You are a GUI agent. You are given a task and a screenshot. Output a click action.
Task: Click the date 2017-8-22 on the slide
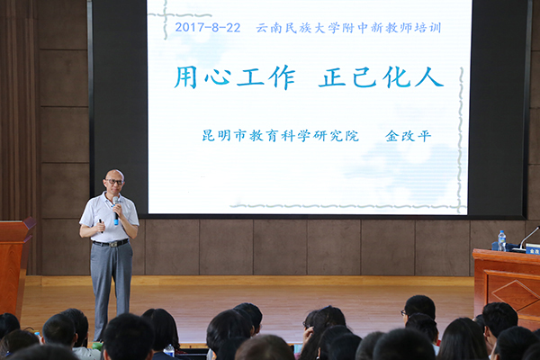(208, 28)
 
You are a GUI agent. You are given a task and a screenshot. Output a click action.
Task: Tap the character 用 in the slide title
(186, 77)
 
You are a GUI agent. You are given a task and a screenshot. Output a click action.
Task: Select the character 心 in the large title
(218, 77)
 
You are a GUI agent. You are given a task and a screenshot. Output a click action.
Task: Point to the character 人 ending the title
(429, 77)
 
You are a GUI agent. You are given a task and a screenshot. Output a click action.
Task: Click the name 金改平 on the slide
(409, 136)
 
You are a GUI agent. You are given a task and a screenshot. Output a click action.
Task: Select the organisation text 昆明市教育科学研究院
(280, 136)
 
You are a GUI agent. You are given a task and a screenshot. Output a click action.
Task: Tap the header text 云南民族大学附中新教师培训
(348, 28)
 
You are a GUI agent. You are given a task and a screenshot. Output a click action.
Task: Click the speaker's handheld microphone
(116, 210)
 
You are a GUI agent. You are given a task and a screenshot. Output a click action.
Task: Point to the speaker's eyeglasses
(115, 182)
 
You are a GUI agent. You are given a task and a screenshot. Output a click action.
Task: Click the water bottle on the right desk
(502, 240)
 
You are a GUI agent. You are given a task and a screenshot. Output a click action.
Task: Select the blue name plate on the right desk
(533, 248)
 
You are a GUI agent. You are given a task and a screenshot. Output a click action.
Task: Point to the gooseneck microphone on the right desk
(527, 238)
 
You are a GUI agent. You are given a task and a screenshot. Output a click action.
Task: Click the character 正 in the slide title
(332, 77)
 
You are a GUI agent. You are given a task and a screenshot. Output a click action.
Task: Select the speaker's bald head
(114, 175)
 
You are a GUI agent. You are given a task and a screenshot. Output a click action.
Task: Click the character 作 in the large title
(282, 77)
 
